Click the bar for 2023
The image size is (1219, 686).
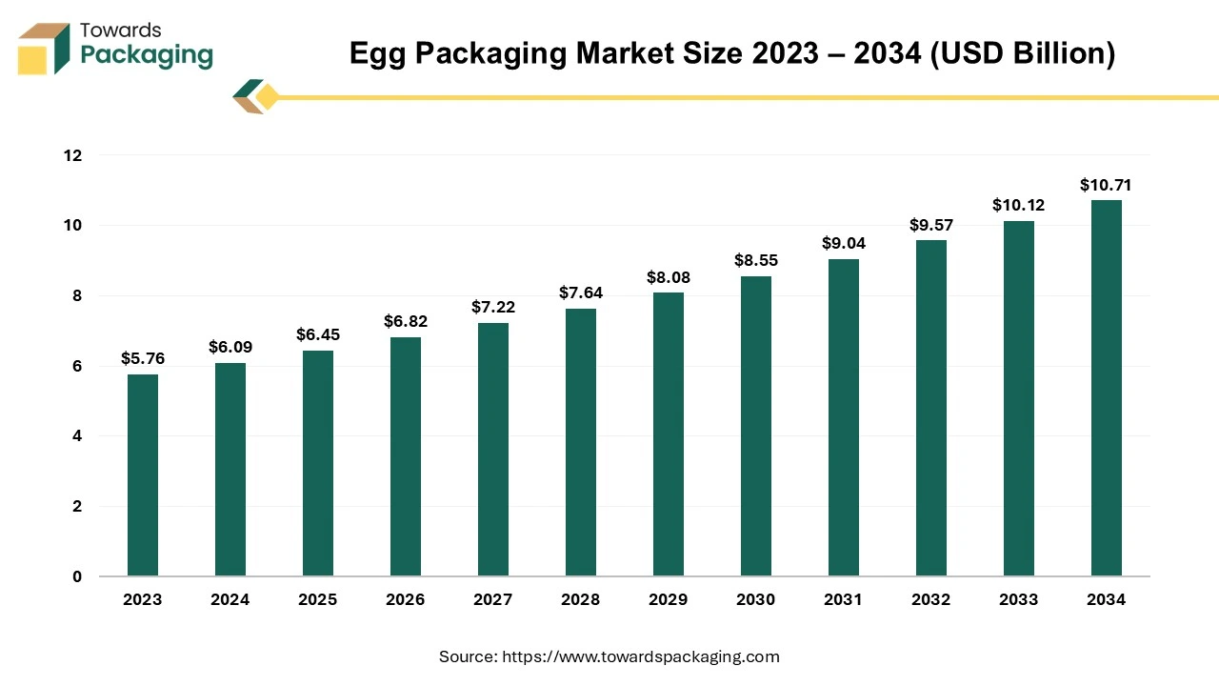[x=143, y=475]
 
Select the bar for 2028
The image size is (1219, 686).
[x=581, y=442]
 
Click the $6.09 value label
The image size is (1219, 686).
[x=230, y=348]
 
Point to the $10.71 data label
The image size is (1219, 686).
[x=1107, y=185]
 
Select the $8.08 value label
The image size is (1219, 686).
[x=669, y=277]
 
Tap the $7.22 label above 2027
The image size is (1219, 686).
[x=493, y=307]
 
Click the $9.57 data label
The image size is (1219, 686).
[x=931, y=225]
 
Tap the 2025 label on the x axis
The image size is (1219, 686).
[x=318, y=600]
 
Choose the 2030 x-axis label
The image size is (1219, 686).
[x=756, y=600]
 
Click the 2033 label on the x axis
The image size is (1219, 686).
[x=1019, y=600]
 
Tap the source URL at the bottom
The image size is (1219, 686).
[x=639, y=656]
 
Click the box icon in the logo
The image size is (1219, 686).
[x=45, y=48]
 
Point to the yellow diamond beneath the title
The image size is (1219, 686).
[x=268, y=96]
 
